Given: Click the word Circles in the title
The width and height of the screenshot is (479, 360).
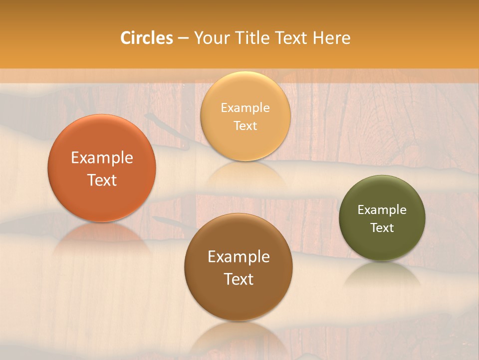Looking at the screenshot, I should (x=147, y=38).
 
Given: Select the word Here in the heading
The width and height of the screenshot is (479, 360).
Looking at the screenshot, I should (x=332, y=38).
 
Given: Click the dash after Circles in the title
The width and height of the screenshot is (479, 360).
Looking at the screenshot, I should (x=183, y=38).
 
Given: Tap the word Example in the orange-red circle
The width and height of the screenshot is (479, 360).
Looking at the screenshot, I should (x=102, y=158).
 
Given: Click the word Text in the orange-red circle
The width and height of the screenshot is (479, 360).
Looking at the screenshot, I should (x=102, y=180).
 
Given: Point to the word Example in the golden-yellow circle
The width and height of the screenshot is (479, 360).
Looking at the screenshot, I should (x=245, y=108).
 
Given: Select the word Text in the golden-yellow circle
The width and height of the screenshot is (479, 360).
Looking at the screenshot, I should (x=245, y=125).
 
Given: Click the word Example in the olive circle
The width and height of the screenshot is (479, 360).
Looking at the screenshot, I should (x=382, y=210).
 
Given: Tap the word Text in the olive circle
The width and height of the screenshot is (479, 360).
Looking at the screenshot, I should (x=382, y=228).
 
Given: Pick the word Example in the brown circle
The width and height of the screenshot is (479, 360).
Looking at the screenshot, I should (x=239, y=257).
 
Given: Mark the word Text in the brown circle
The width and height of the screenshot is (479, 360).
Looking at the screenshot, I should (x=239, y=279).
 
